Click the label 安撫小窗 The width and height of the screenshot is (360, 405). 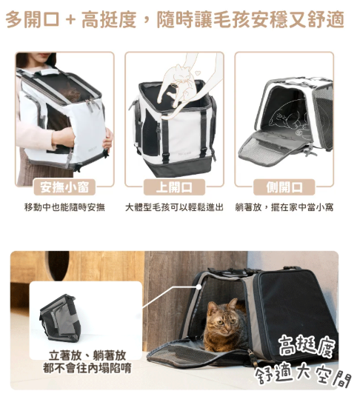[64, 187]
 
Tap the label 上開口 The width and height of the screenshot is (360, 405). [174, 187]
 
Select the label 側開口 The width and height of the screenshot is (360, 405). [284, 187]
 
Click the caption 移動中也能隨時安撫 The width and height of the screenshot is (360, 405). [64, 207]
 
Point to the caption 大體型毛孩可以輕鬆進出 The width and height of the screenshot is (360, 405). [174, 207]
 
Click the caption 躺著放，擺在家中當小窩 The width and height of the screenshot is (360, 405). [284, 207]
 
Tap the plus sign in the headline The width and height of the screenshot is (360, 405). [70, 20]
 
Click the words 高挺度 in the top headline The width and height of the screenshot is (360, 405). [109, 19]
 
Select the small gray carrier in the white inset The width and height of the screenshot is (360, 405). [60, 318]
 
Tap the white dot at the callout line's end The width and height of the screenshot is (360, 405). [199, 287]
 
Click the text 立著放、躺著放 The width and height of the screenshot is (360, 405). [87, 355]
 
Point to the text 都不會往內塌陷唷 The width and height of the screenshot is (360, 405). [87, 368]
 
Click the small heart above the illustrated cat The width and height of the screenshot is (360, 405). [198, 73]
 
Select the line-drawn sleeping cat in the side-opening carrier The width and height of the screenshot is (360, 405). [287, 116]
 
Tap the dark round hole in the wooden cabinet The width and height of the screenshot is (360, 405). [58, 266]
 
